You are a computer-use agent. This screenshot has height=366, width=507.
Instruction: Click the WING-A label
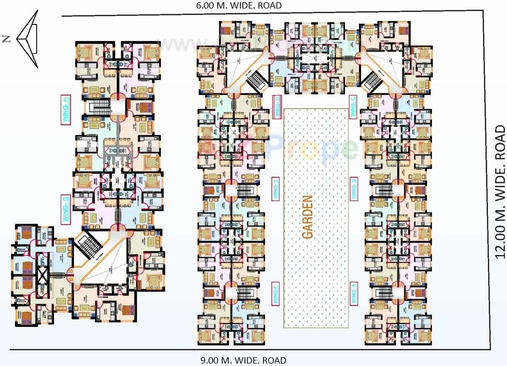[354, 293]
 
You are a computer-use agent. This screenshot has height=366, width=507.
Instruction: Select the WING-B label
[354, 189]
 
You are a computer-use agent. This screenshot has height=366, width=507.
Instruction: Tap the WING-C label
[353, 106]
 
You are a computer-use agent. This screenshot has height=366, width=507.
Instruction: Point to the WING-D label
[277, 106]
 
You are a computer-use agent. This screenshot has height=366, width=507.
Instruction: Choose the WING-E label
[275, 189]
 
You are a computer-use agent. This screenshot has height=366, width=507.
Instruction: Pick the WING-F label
[276, 293]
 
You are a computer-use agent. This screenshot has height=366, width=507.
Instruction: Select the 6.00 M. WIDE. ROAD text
[239, 5]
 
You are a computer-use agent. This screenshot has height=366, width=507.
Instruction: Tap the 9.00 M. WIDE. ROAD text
[243, 360]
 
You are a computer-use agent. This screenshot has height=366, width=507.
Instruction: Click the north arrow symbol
[28, 39]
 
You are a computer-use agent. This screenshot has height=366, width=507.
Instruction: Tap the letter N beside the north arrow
[6, 39]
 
